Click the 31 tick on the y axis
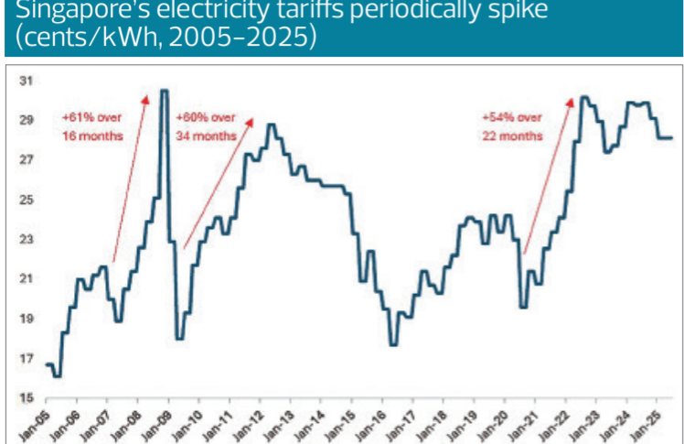(27, 81)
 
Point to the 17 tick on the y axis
(27, 358)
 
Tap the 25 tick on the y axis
(27, 200)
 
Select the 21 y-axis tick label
(27, 279)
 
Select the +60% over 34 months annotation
(206, 125)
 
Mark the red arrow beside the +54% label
(547, 174)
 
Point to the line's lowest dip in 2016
(392, 344)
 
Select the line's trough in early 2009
(180, 339)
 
